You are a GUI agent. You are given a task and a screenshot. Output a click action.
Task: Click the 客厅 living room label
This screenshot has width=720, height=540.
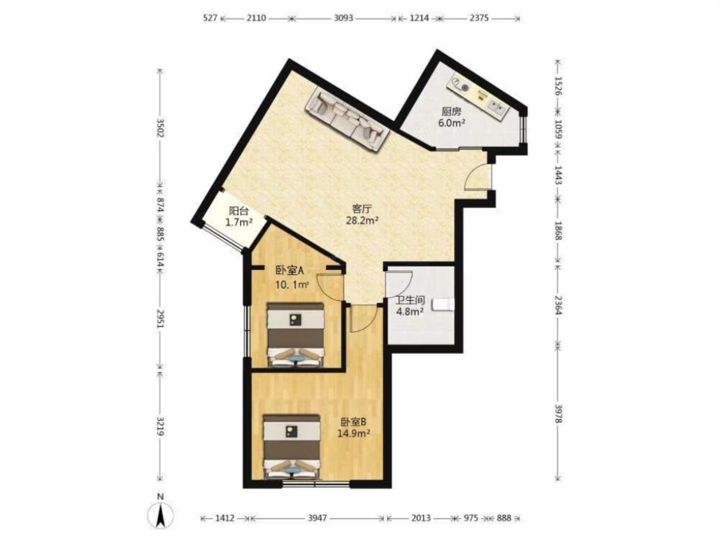click(x=361, y=208)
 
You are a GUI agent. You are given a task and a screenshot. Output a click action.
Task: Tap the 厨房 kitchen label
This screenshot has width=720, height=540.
click(x=452, y=112)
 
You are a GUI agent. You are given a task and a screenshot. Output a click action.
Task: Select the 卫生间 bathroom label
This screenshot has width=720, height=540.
click(x=410, y=300)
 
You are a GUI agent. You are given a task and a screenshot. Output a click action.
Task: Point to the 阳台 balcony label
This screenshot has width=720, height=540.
click(x=238, y=211)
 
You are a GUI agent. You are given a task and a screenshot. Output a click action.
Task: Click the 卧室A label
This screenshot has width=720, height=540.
click(x=290, y=271)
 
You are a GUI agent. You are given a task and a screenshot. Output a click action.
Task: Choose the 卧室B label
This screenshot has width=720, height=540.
click(x=353, y=422)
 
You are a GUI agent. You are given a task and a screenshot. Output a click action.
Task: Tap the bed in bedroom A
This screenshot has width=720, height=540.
click(x=296, y=334)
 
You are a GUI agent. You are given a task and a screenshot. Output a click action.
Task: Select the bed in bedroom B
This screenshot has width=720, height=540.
click(x=292, y=447)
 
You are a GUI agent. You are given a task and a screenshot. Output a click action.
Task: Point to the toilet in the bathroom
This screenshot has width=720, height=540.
click(x=443, y=305)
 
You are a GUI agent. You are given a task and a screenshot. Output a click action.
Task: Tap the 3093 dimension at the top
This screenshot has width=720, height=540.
click(x=344, y=18)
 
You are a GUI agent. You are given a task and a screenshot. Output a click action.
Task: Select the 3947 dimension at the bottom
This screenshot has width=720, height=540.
click(x=317, y=518)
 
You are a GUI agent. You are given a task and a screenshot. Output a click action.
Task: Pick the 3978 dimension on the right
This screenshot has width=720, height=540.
click(x=558, y=414)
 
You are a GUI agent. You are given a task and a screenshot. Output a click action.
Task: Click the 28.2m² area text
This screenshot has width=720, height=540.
click(x=362, y=220)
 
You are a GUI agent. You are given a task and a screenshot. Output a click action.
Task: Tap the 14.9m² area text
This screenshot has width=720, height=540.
click(x=354, y=434)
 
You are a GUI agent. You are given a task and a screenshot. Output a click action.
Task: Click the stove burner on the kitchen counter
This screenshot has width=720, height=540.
click(x=465, y=87)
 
